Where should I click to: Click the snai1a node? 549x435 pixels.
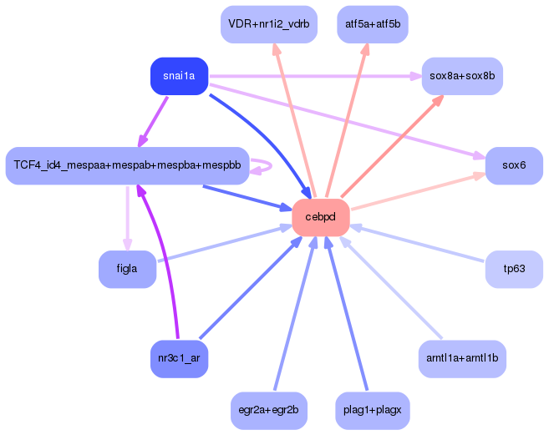coord(180,76)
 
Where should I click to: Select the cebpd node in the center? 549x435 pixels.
coord(321,217)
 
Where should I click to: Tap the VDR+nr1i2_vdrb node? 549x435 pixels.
coord(269,24)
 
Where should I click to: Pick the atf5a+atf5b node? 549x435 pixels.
coord(373,24)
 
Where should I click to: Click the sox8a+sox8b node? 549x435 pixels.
coord(462,76)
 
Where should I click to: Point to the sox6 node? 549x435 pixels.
coord(514,165)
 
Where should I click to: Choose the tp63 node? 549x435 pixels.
coord(514,269)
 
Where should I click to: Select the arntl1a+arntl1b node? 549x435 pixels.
coord(462,358)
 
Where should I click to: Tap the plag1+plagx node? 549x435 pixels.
coord(373,410)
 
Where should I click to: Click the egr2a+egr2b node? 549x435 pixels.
coord(269,410)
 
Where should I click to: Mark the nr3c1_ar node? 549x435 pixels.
coord(180,358)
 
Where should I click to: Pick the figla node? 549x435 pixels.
coord(128,269)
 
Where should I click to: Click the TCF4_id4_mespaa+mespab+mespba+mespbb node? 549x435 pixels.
coord(128,165)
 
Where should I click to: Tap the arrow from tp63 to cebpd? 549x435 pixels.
coord(417,243)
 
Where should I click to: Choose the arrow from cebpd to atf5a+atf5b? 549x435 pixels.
coord(347,120)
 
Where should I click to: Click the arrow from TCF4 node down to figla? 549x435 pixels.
coord(128,218)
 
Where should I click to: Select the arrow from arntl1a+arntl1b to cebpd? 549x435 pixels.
coord(391,288)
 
